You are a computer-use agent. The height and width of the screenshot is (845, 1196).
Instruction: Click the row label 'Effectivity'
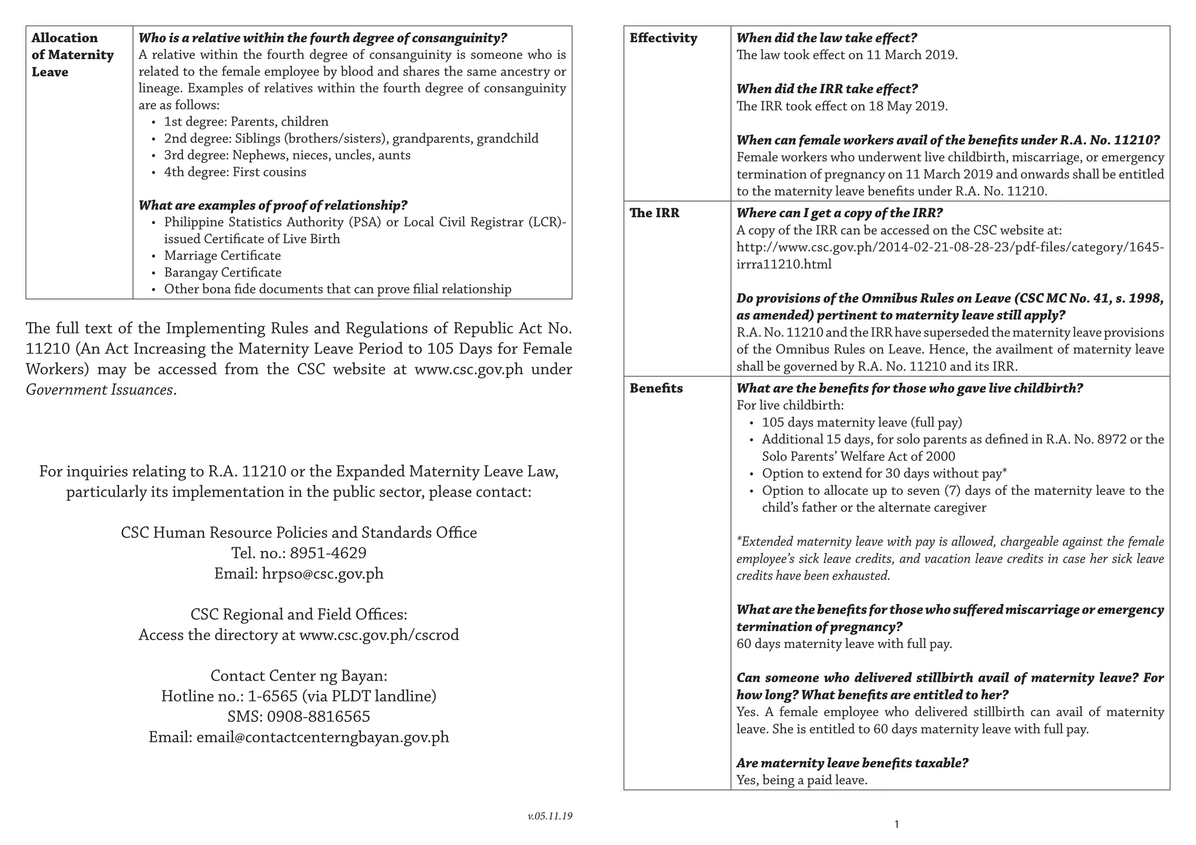[x=663, y=39]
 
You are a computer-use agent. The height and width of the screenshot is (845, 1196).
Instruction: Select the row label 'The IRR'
[x=654, y=213]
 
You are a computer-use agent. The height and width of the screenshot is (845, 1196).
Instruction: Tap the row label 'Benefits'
[x=656, y=389]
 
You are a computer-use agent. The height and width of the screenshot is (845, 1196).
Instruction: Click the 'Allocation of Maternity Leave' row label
[x=72, y=55]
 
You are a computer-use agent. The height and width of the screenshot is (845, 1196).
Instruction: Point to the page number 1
[x=896, y=825]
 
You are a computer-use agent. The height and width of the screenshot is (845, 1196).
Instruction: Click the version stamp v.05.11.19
[x=550, y=816]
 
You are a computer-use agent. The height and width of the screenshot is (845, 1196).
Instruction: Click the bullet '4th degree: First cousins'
[x=235, y=172]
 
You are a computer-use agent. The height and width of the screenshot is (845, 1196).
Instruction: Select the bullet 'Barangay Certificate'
[x=222, y=273]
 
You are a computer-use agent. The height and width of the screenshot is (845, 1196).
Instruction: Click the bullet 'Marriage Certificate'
[x=222, y=256]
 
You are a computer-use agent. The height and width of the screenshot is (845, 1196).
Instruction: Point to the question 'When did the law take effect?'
[x=826, y=39]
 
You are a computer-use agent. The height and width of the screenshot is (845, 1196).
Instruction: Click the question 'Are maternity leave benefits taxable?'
[x=852, y=763]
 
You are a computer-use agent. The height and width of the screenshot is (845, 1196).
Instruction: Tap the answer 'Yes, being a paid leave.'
[x=801, y=780]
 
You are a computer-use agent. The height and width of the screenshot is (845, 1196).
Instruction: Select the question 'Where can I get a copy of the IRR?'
[x=839, y=213]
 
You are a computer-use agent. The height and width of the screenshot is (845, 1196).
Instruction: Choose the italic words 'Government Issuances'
[x=99, y=390]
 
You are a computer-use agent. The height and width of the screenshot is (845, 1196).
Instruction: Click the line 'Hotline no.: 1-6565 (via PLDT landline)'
[x=298, y=696]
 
